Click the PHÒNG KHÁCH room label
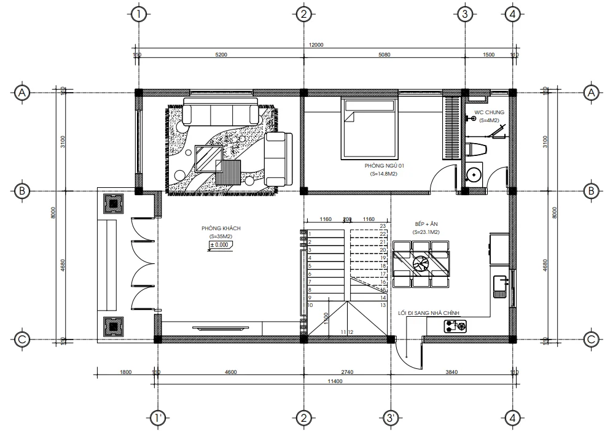221,228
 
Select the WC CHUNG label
490,112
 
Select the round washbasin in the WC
474,174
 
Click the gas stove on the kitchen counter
455,327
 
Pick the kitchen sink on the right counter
501,284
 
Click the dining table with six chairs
422,263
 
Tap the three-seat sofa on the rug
221,114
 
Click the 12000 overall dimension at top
316,45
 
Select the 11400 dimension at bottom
334,382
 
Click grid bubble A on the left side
21,93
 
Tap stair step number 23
382,226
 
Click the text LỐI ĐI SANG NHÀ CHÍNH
429,313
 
